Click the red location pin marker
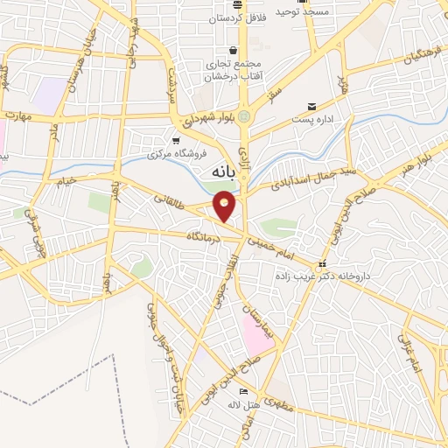point(225,207)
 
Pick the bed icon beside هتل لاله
point(243,391)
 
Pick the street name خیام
point(66,181)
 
